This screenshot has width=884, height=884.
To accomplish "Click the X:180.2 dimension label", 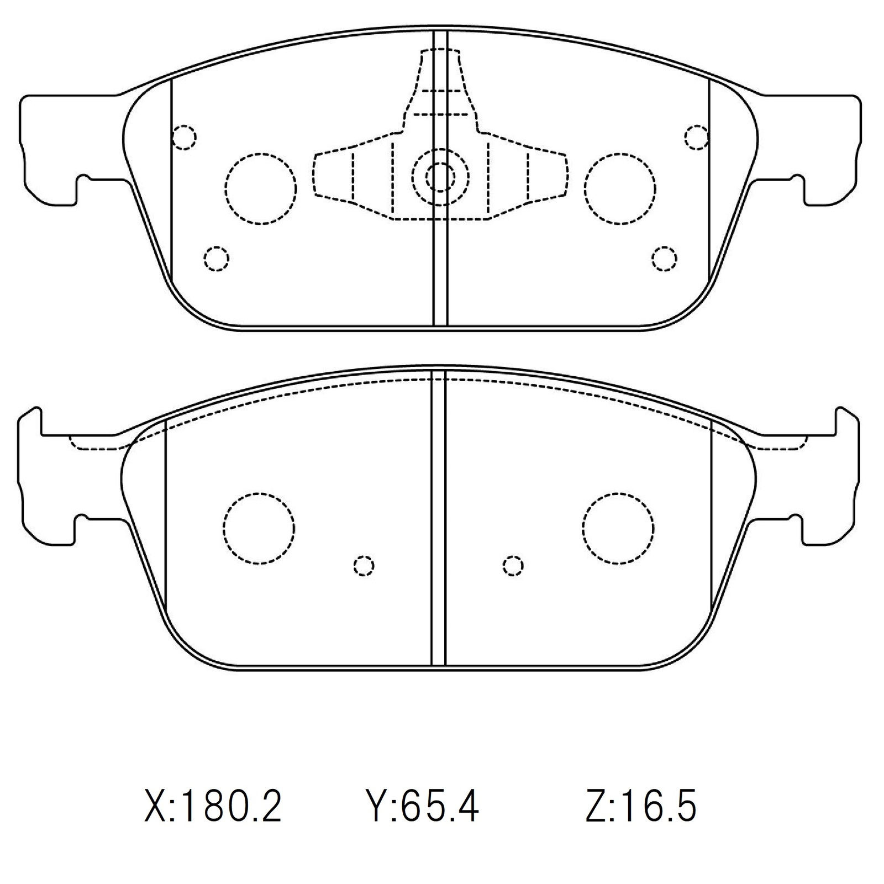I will (213, 807).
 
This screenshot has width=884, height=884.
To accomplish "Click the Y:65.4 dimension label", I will (423, 807).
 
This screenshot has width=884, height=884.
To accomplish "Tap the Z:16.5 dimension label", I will (641, 807).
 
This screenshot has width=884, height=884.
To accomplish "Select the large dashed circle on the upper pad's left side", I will (261, 188).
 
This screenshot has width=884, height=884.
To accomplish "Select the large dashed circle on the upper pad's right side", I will (620, 188).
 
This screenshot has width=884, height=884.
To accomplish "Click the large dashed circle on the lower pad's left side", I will (259, 528).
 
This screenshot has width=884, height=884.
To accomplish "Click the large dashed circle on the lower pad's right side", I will (618, 528).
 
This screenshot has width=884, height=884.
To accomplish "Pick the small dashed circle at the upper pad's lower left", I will (216, 258).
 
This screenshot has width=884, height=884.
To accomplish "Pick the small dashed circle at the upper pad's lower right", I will (664, 258).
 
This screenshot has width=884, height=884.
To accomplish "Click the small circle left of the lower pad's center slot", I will (364, 566).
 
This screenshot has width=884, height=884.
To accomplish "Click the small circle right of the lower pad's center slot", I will (513, 566).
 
